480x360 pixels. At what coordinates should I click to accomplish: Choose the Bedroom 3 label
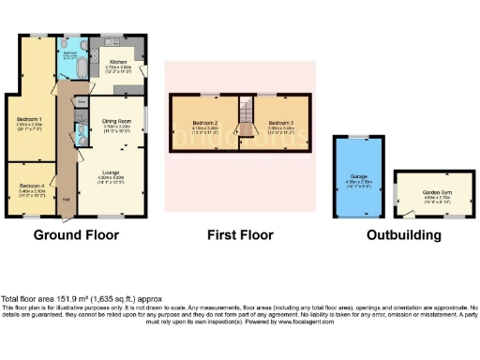[x=281, y=124]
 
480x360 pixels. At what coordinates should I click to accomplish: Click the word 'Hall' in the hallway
[x=67, y=199]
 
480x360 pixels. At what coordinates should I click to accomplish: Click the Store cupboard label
[x=82, y=98]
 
